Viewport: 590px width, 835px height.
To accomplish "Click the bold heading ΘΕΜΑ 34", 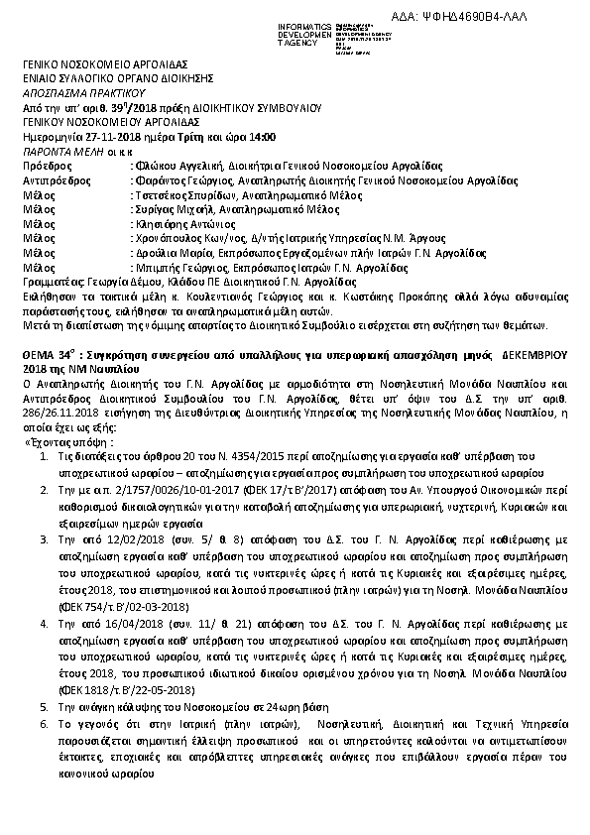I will point(49,352).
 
